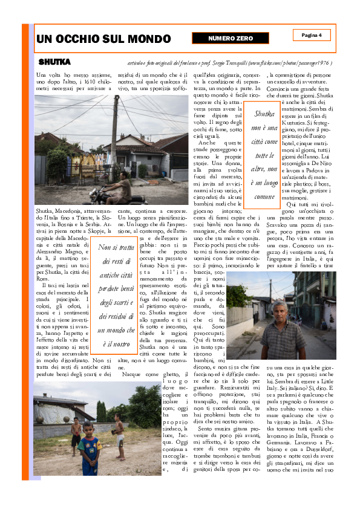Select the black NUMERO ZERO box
tap(231, 38)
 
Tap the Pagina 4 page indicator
tap(312, 35)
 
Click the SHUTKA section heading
tap(54, 62)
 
